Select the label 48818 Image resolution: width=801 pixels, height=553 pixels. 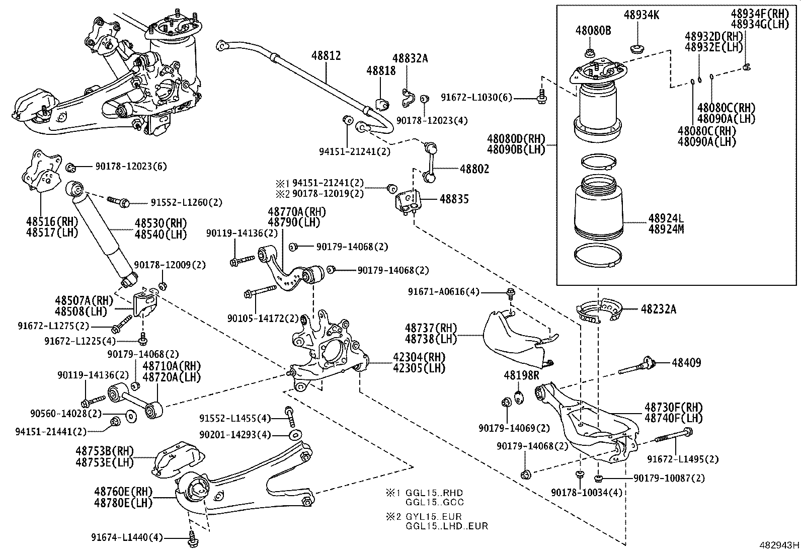point(381,71)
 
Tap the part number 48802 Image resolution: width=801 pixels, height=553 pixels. point(474,170)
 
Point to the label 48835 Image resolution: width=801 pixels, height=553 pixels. point(454,199)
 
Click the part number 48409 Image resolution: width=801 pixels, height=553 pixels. point(686,362)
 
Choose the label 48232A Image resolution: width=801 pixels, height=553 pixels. point(658,309)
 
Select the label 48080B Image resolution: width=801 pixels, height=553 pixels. point(593,31)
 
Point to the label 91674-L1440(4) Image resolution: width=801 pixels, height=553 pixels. point(127,537)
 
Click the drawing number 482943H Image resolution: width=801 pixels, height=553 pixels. point(779,545)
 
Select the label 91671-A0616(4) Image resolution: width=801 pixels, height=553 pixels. point(444,292)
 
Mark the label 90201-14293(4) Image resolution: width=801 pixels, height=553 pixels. point(235,434)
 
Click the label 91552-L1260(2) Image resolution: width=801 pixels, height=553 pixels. point(186,203)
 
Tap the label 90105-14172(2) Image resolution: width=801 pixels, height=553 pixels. point(263,318)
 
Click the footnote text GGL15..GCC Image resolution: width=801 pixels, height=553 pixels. point(435,502)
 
